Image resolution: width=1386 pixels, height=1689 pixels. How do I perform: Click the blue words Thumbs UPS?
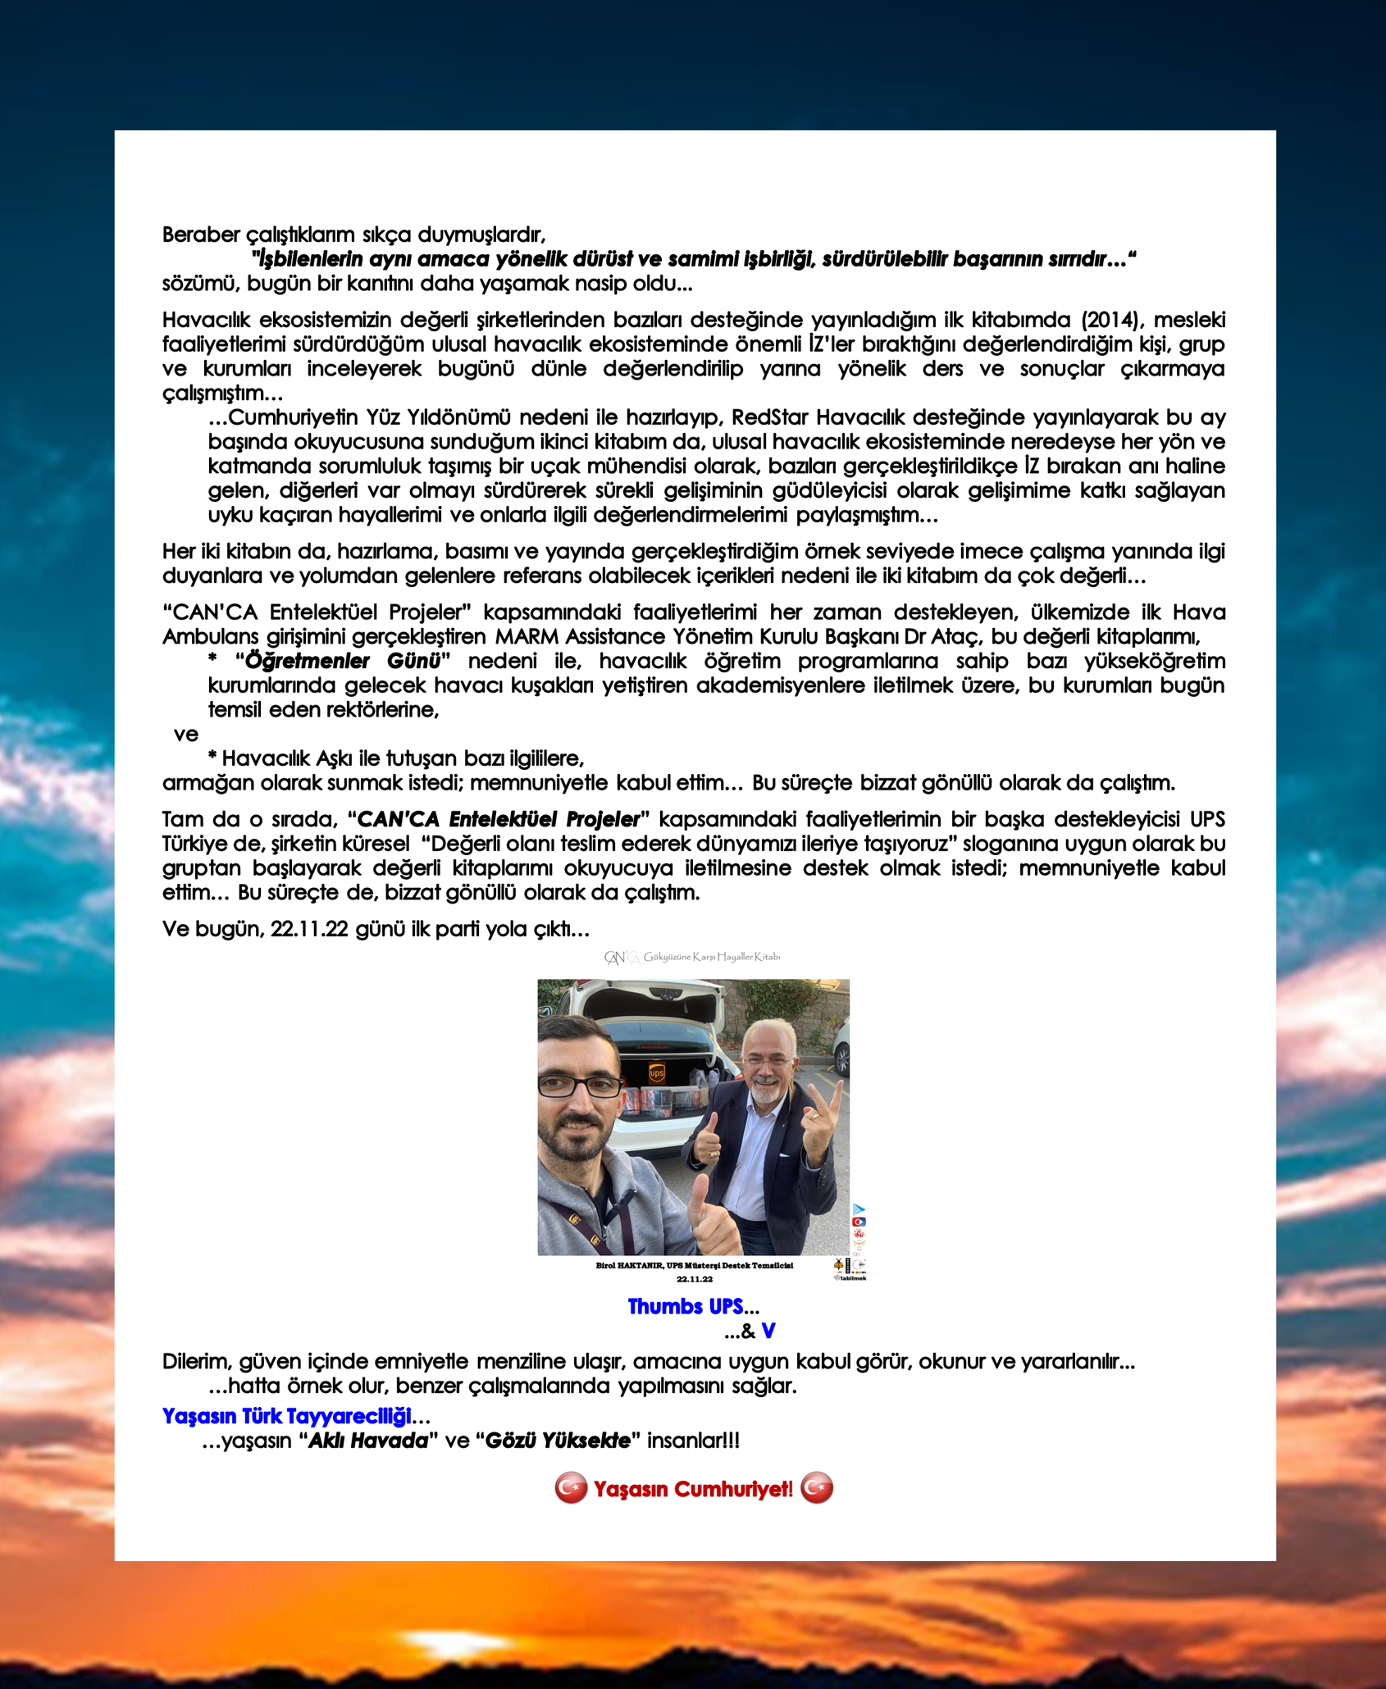685,1307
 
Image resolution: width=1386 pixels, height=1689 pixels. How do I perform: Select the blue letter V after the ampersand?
768,1331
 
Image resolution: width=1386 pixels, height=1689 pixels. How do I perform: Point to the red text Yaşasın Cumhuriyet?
693,1489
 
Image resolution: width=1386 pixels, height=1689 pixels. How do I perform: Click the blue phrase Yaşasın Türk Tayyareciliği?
286,1416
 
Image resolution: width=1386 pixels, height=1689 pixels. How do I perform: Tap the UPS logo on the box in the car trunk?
657,1073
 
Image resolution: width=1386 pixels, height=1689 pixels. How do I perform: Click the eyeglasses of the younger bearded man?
580,1086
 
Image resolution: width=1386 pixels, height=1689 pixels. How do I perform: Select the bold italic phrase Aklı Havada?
367,1441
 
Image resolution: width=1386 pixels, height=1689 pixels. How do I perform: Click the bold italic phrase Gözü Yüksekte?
558,1441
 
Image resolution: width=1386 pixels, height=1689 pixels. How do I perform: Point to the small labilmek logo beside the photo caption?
850,1277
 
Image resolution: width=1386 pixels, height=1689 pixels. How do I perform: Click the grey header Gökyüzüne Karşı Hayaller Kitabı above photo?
711,957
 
